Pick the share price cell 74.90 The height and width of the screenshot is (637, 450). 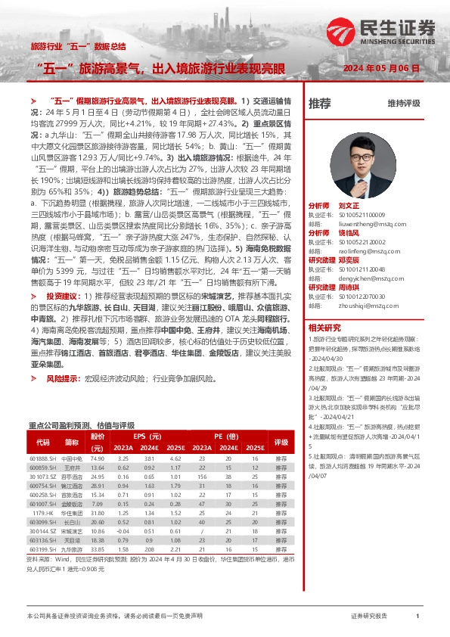(97, 458)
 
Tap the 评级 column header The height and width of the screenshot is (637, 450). (281, 442)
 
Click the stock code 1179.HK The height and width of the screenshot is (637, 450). (43, 513)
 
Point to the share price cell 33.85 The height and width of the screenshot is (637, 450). (97, 549)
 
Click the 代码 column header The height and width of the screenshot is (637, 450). (43, 442)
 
